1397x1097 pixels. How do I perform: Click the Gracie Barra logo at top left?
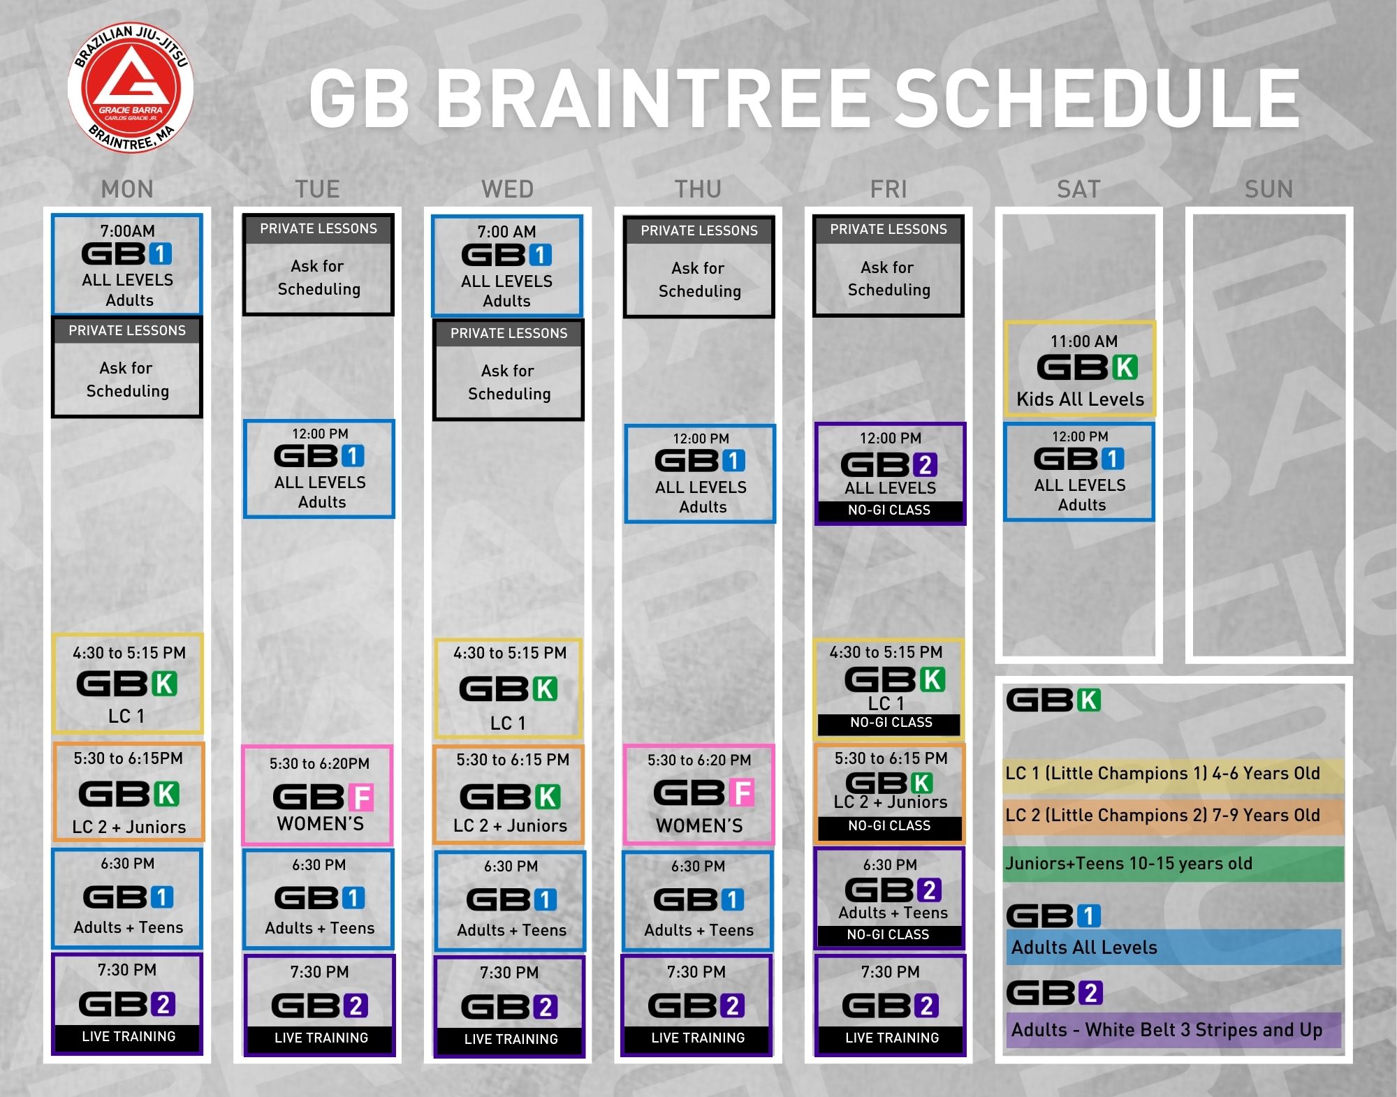pos(131,88)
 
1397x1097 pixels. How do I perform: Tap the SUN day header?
pos(1268,189)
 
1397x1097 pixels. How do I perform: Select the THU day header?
pos(698,189)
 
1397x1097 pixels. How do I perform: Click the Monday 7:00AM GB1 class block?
pos(127,265)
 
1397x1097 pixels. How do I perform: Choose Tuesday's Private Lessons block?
pos(319,265)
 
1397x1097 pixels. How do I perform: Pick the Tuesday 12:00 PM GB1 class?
pos(319,469)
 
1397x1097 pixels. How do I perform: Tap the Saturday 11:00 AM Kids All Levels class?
pos(1080,369)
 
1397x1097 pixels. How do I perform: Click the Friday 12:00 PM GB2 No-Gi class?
pos(890,473)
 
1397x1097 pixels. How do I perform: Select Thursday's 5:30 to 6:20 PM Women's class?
pos(699,795)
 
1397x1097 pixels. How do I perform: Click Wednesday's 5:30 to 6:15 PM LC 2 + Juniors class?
pos(509,795)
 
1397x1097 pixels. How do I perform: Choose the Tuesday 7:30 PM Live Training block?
pos(320,1005)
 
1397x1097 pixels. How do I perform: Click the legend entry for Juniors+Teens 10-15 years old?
pos(1173,864)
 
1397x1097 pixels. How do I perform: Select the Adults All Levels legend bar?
pos(1173,947)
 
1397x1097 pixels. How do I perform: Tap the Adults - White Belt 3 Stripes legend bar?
pos(1173,1030)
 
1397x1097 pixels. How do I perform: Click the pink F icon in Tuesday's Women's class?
pos(361,797)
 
